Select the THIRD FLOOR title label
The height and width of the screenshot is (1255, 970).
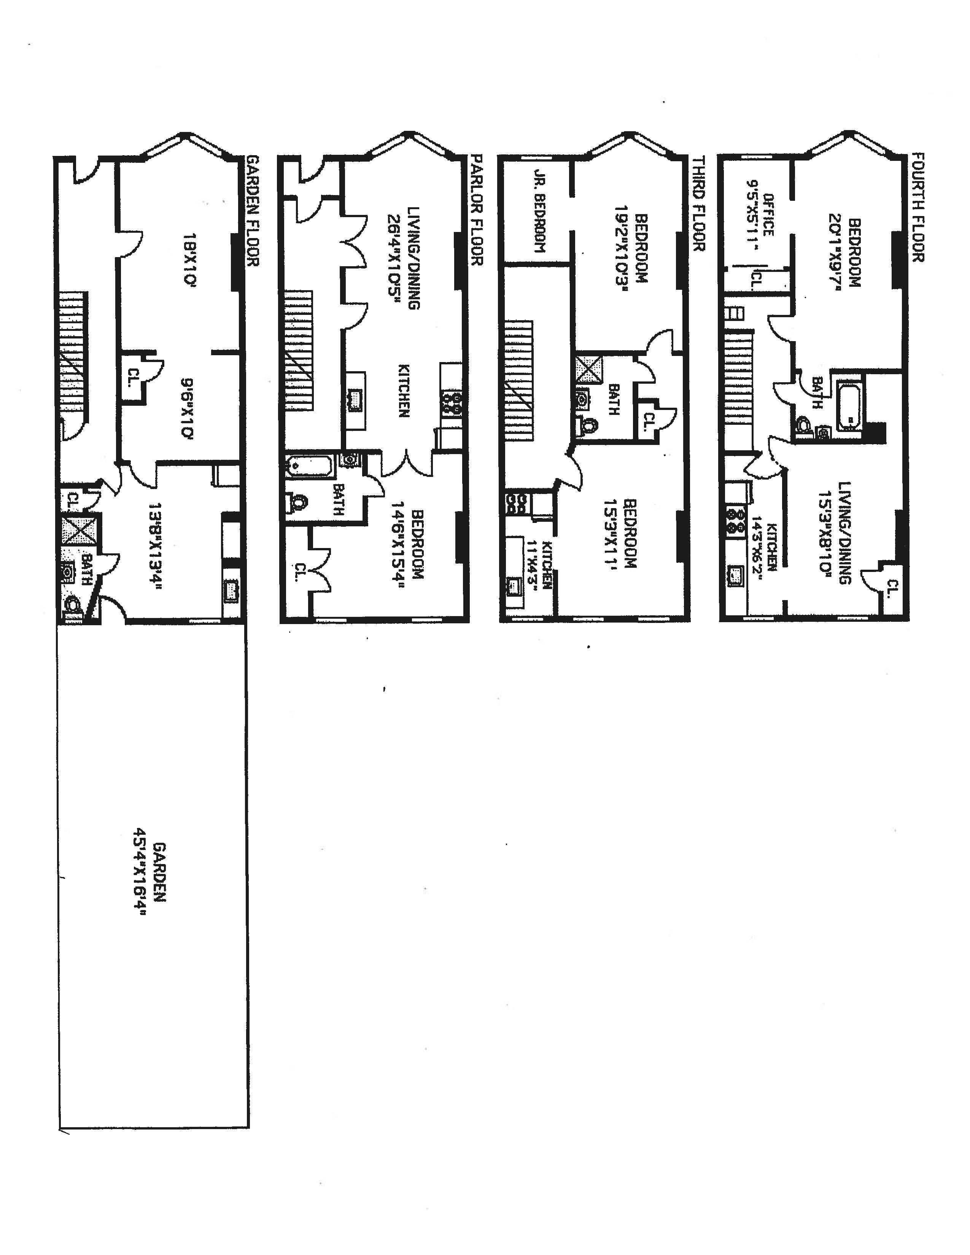click(698, 203)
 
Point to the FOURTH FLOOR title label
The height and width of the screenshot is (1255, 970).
click(918, 207)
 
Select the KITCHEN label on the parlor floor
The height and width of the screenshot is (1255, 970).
click(404, 390)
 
